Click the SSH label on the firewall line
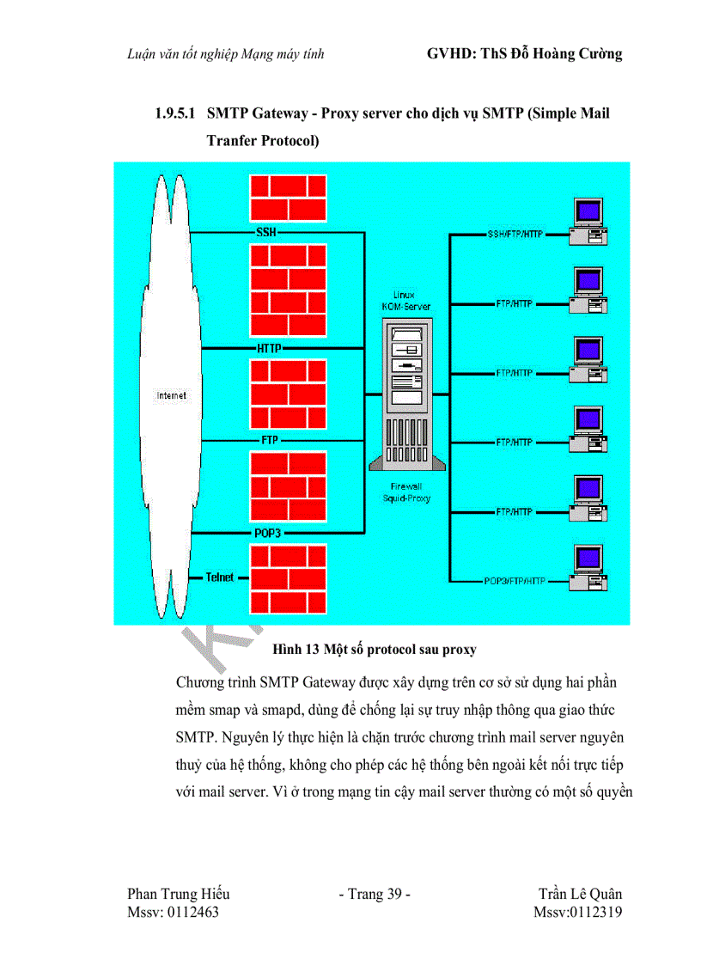(x=266, y=233)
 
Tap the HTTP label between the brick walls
(x=269, y=348)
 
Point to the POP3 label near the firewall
(x=267, y=533)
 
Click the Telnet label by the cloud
(x=220, y=577)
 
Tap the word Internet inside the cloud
(x=172, y=395)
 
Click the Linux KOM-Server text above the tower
(x=405, y=301)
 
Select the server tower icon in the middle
(x=408, y=394)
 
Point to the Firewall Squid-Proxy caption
(x=407, y=492)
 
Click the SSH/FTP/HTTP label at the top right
(x=515, y=234)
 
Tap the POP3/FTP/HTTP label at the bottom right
(x=514, y=581)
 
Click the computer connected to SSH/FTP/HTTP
(x=587, y=223)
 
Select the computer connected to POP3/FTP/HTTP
(x=587, y=571)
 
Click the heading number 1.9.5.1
(x=175, y=113)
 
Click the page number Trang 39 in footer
(x=375, y=894)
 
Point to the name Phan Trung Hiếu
(x=178, y=894)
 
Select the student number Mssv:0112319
(x=577, y=912)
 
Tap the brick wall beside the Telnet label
(x=288, y=577)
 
